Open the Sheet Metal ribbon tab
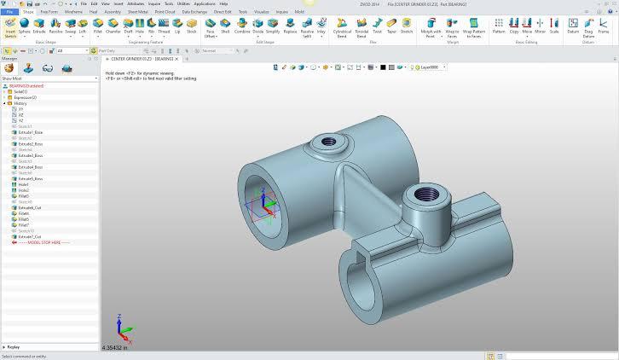[136, 13]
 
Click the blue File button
[9, 13]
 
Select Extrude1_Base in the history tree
[30, 132]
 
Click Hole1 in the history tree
[23, 184]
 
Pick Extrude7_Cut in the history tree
[29, 236]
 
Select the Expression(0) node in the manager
[25, 97]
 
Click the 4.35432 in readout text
[114, 348]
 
